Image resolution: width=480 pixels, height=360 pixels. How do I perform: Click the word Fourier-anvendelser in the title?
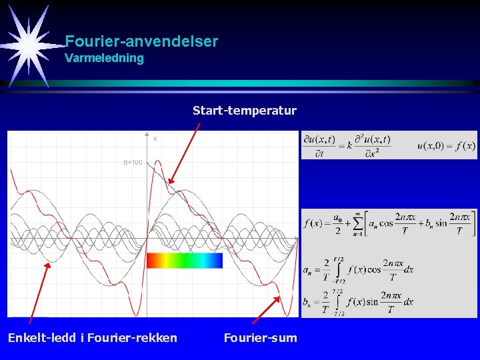tap(141, 41)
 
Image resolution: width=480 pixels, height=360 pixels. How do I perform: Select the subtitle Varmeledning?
tap(104, 58)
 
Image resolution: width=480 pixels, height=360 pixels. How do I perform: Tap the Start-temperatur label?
tap(244, 110)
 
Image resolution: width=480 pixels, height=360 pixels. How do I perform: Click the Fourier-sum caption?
tap(261, 338)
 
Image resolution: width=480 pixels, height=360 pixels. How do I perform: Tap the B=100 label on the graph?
tap(133, 162)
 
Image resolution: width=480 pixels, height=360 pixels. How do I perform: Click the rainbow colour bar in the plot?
tap(184, 260)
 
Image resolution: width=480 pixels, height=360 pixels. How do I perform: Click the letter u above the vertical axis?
tap(155, 139)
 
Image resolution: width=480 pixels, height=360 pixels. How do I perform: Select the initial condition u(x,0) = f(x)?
tap(446, 145)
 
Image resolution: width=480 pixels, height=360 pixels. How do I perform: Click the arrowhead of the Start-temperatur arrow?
tap(170, 182)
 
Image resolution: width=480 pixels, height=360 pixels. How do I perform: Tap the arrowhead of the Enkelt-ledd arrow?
tap(49, 264)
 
